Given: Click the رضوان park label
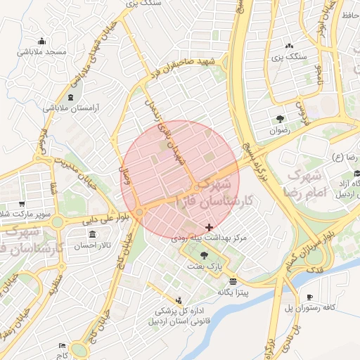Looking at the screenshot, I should click(279, 130).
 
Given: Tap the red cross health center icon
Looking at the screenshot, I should click(208, 226).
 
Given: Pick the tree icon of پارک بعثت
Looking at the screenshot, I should click(205, 255).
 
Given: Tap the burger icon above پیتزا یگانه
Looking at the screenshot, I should click(232, 281).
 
